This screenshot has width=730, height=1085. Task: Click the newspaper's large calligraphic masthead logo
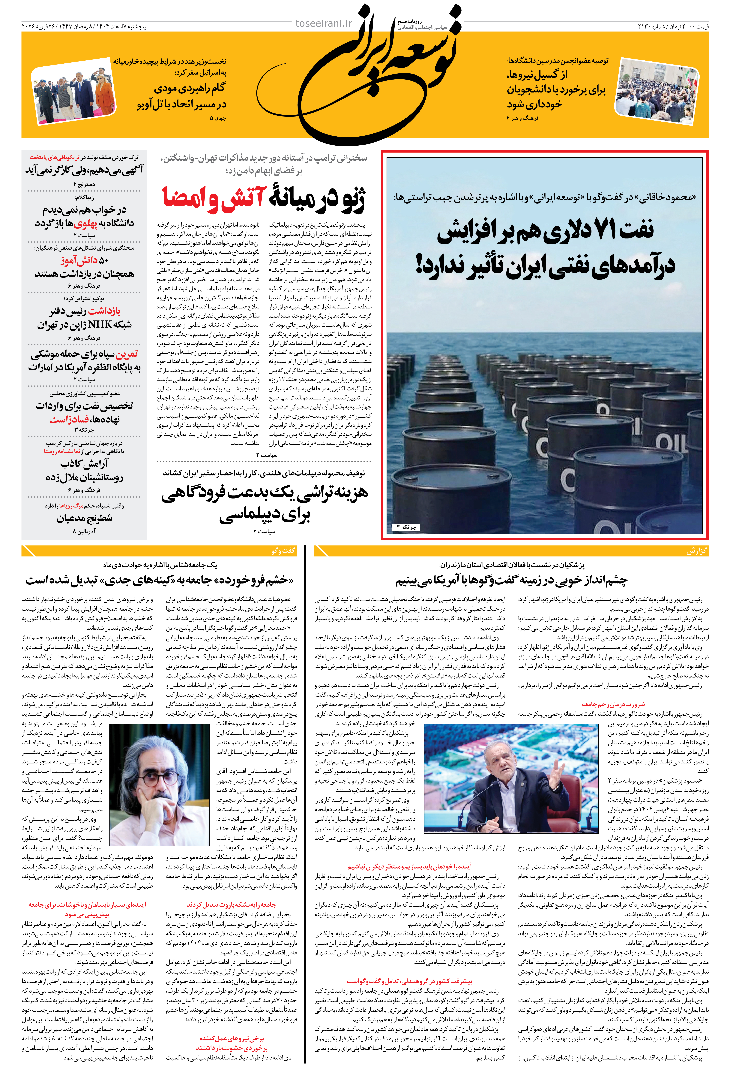pyautogui.click(x=368, y=70)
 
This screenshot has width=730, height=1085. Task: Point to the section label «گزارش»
pyautogui.click(x=696, y=551)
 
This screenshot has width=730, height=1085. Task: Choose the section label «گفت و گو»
pyautogui.click(x=283, y=551)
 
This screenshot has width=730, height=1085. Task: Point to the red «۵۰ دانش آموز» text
pyautogui.click(x=84, y=260)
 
